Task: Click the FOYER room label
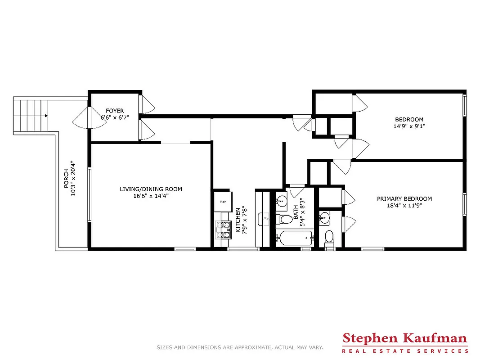(115, 111)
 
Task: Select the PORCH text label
(66, 179)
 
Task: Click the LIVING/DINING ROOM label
(151, 189)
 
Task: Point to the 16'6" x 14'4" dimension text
(151, 196)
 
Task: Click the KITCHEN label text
(238, 220)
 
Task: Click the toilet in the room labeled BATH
(284, 220)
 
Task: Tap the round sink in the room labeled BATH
(282, 201)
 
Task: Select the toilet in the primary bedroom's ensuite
(329, 237)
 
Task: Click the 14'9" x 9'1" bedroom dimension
(409, 126)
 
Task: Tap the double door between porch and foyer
(82, 117)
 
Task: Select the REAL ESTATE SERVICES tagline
(405, 351)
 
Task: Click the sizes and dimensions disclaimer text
(239, 347)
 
